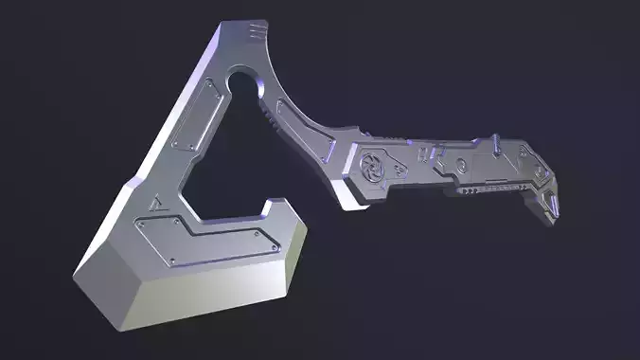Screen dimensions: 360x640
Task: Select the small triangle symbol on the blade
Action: point(154,202)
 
